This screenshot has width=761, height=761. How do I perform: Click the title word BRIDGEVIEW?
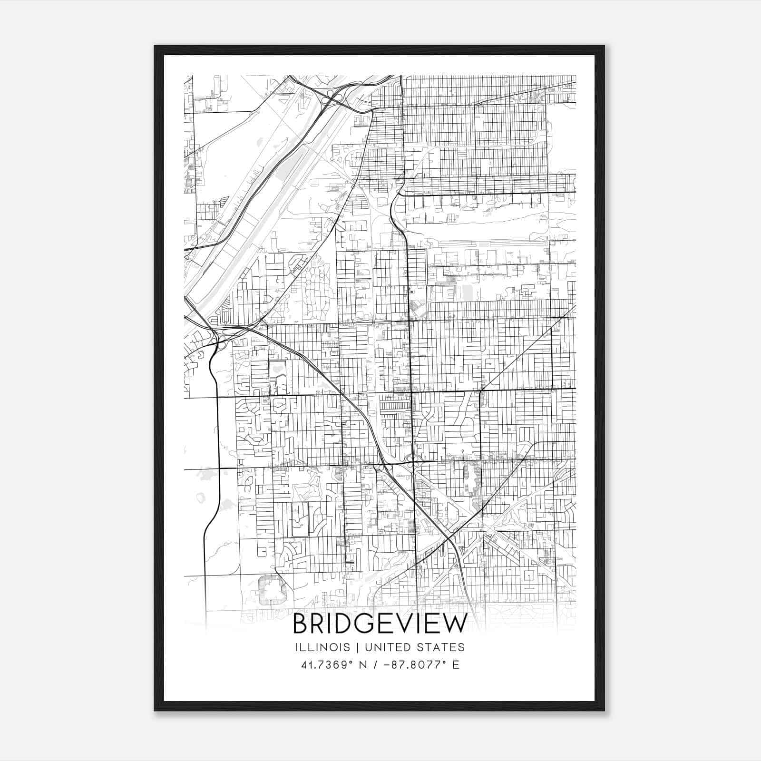pos(380,624)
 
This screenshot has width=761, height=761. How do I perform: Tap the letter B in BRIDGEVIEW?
pos(301,624)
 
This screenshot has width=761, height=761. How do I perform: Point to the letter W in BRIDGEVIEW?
pos(456,624)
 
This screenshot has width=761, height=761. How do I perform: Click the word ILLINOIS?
pos(322,647)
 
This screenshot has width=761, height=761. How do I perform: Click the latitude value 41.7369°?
pos(322,664)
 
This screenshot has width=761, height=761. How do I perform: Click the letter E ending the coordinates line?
pos(456,664)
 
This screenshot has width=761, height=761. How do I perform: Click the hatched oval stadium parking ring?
pos(272,590)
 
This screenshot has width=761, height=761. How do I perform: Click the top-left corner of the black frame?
pos(155,47)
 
